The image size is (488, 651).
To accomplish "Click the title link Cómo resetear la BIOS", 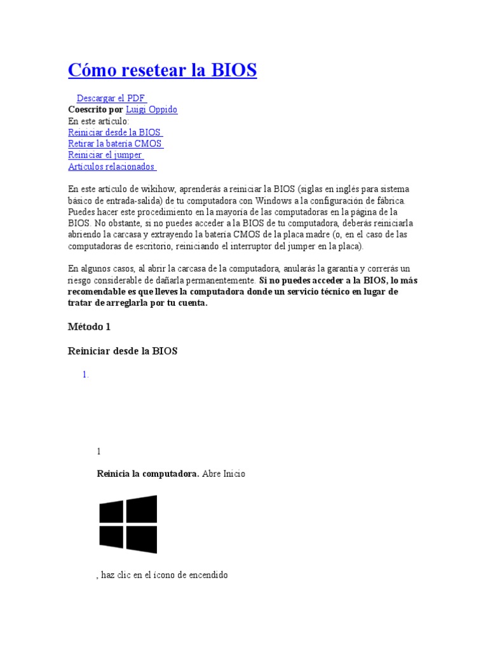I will (162, 70).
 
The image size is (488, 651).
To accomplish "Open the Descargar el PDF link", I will (111, 98).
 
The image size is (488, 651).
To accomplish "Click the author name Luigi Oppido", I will (152, 109).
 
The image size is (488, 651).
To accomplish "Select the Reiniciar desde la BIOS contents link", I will (115, 132).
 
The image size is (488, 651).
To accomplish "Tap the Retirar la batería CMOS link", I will (115, 144).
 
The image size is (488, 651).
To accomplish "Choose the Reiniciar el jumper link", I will (105, 155).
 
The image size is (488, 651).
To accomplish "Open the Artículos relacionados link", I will (112, 167).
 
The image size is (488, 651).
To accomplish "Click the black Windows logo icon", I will (128, 524).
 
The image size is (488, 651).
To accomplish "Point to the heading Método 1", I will (90, 327).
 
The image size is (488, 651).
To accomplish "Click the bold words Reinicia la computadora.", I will (148, 474).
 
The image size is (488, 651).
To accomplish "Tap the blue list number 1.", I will (85, 375).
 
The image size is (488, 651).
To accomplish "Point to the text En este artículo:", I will (98, 121).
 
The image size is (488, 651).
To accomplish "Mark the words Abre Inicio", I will (224, 474).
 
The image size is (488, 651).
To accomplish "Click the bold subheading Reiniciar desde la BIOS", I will (123, 351).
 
